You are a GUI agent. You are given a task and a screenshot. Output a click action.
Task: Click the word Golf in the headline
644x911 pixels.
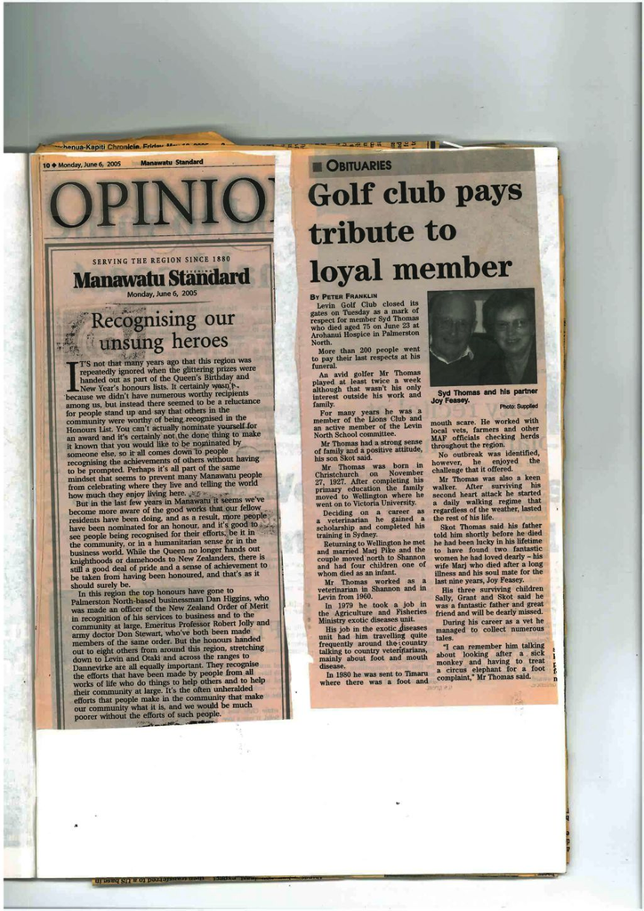tap(346, 192)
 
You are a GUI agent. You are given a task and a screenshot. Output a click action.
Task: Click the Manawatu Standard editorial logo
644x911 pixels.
tap(161, 278)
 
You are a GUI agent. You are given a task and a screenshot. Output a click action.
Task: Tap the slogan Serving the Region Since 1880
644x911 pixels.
tap(161, 261)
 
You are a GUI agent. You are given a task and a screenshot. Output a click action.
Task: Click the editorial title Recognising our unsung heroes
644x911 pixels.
tap(163, 330)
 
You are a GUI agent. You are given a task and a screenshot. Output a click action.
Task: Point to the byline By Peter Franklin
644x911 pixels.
tap(344, 295)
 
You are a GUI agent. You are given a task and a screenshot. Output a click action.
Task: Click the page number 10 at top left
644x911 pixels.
tap(46, 164)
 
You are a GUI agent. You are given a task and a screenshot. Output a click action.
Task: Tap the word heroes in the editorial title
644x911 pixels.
tap(196, 341)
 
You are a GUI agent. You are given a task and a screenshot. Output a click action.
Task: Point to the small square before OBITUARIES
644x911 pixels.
tap(317, 165)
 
